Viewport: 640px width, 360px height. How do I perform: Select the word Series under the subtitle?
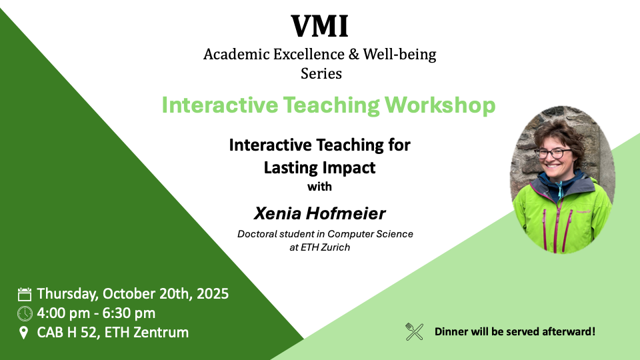pyautogui.click(x=321, y=73)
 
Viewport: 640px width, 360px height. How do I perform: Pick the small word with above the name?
pyautogui.click(x=319, y=187)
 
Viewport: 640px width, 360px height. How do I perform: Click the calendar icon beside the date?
pyautogui.click(x=25, y=294)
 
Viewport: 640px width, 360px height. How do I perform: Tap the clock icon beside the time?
pyautogui.click(x=25, y=313)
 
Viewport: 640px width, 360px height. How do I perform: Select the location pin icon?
pyautogui.click(x=25, y=332)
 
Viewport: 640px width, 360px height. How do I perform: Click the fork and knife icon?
pyautogui.click(x=415, y=331)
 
